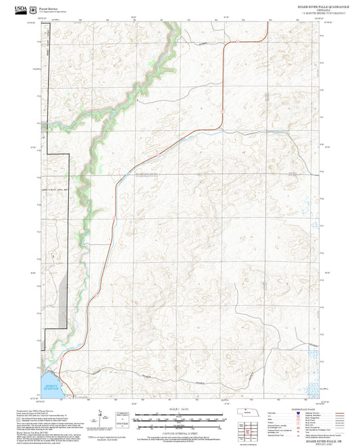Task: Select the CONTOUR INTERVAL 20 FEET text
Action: pyautogui.click(x=178, y=433)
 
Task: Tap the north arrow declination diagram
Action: pyautogui.click(x=101, y=415)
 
